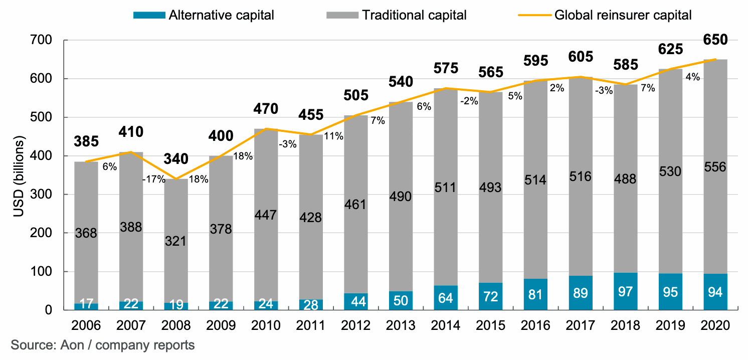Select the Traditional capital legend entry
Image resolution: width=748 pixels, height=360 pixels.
tap(397, 15)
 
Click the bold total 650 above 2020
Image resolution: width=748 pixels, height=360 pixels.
tap(715, 40)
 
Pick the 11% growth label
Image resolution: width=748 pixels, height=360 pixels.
tap(334, 136)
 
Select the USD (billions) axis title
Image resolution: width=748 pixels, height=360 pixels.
tap(18, 175)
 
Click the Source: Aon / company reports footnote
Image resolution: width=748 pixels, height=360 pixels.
tap(102, 345)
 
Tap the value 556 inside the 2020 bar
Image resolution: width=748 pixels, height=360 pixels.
tap(715, 167)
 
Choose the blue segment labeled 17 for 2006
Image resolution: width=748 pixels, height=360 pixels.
tap(86, 306)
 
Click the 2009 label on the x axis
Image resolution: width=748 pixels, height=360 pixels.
tap(221, 325)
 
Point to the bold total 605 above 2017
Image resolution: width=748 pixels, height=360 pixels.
tap(580, 56)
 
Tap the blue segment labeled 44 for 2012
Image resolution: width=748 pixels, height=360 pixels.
tap(356, 301)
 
